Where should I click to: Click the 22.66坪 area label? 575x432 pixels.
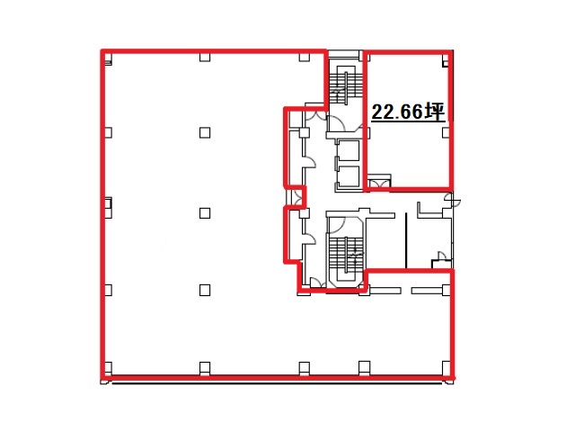tap(408, 112)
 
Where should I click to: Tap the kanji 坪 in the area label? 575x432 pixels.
tap(435, 112)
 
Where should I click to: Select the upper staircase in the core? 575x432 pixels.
tap(345, 86)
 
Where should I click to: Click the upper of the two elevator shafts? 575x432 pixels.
tap(348, 150)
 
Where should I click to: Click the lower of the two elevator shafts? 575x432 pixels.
tap(348, 176)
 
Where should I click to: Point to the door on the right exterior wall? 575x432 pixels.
tap(452, 200)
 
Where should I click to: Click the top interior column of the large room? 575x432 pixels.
tap(205, 132)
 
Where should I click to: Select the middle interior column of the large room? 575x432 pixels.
tap(205, 213)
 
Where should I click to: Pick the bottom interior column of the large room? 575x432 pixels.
tap(205, 290)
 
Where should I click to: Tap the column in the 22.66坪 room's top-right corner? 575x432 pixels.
tap(446, 60)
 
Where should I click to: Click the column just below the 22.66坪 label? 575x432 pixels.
tap(446, 132)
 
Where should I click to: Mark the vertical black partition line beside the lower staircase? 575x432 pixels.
tap(406, 240)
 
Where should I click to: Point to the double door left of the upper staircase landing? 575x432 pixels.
tap(315, 114)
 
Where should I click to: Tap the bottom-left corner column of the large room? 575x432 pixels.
tap(108, 367)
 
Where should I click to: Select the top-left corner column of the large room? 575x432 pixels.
tap(108, 58)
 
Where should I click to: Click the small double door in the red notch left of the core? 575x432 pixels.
tap(296, 198)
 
